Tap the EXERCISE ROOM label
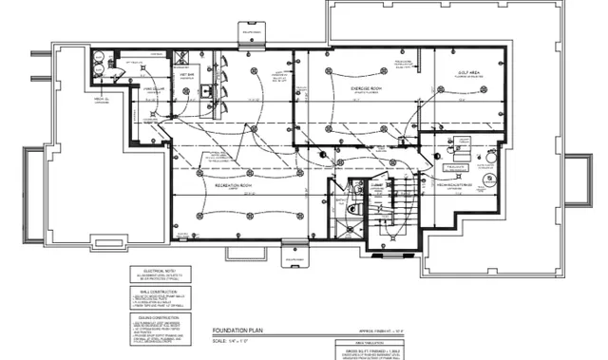pyautogui.click(x=366, y=86)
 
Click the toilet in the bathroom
pyautogui.click(x=352, y=203)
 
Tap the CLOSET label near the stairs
pyautogui.click(x=377, y=186)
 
